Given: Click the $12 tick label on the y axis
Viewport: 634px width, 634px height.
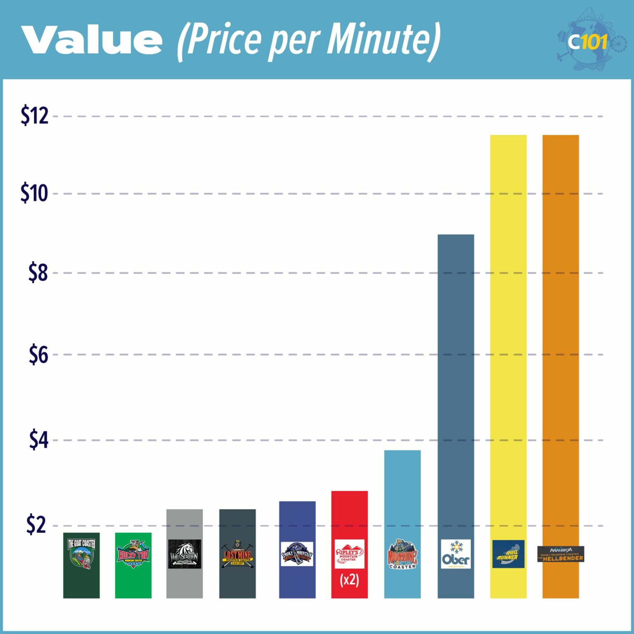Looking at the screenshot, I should [35, 116].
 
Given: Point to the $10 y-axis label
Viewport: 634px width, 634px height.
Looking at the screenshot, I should [34, 193].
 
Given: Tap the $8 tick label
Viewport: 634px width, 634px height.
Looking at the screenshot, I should [38, 273].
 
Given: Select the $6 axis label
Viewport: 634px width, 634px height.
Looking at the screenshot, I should [38, 355].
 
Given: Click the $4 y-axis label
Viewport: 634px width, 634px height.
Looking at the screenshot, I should [38, 440].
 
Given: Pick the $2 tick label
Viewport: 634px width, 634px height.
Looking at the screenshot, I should [36, 525].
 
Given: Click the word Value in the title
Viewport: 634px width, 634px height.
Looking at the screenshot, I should [92, 40].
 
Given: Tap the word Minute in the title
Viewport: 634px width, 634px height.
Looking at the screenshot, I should [380, 40].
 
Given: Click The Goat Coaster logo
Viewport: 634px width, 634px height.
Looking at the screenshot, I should [81, 554].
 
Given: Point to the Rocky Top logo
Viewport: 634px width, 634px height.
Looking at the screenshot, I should [133, 554].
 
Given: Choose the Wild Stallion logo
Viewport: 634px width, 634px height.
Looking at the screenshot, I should [185, 554].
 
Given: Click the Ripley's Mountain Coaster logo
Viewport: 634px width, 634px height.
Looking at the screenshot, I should [349, 554].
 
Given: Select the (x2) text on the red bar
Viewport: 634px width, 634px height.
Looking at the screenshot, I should [349, 580].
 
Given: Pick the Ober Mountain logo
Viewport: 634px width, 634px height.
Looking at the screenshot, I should [456, 554].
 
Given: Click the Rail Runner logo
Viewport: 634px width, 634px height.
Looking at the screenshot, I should [508, 554].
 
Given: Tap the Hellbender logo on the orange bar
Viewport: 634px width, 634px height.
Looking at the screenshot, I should [561, 554].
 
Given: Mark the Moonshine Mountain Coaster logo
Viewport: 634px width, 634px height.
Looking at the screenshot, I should [402, 554].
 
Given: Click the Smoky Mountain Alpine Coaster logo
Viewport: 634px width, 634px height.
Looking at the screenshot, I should [297, 554].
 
